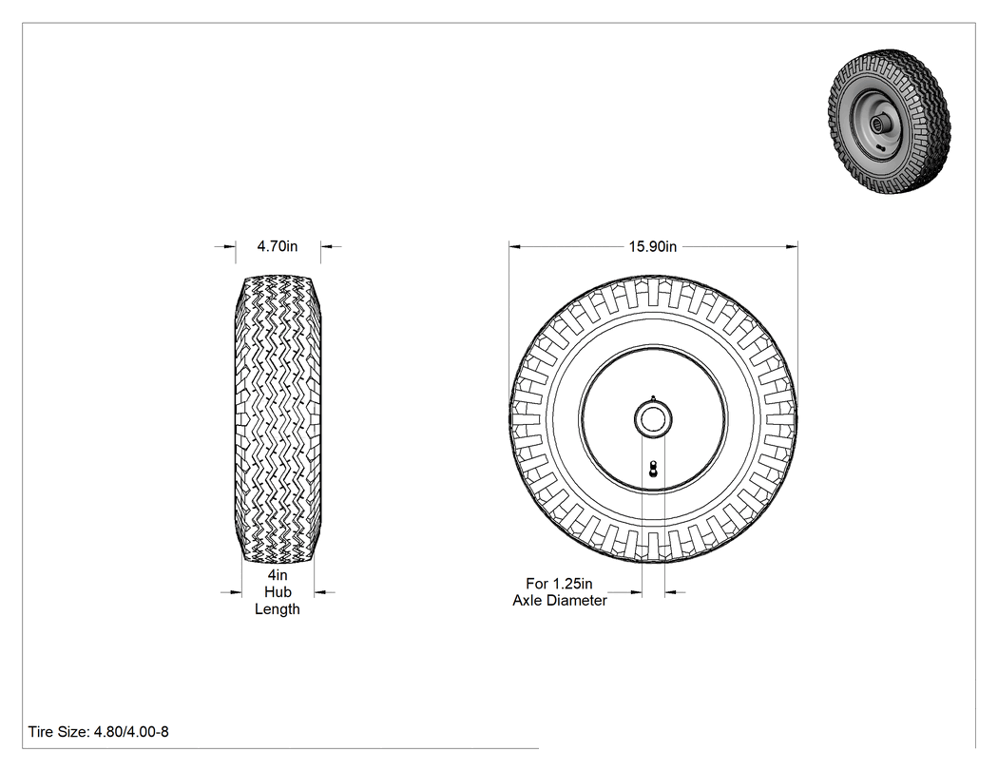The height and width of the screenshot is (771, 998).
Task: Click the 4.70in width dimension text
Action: (277, 246)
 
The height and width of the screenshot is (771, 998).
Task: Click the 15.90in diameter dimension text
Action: (652, 246)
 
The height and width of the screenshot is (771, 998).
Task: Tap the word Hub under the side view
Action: (278, 592)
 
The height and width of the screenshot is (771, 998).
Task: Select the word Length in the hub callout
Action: (277, 609)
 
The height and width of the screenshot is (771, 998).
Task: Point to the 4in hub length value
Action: (278, 575)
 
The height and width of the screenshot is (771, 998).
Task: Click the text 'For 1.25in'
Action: (559, 583)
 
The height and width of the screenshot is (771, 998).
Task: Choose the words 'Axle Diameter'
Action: (560, 601)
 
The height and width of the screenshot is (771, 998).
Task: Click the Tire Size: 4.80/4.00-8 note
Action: (99, 731)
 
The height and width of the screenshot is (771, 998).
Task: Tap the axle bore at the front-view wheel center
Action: (653, 419)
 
